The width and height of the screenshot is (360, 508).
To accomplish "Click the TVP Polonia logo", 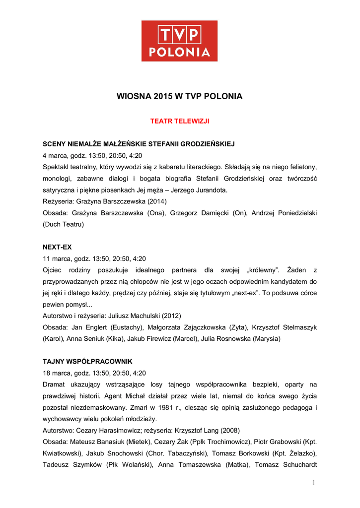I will tap(179, 41).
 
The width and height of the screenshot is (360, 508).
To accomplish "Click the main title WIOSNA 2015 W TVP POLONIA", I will tap(179, 96).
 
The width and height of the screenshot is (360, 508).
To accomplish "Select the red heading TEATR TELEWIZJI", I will tap(180, 121).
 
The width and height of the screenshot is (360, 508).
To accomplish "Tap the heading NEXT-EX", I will tap(58, 247).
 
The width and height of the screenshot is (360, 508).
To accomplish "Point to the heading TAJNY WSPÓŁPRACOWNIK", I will tap(87, 361).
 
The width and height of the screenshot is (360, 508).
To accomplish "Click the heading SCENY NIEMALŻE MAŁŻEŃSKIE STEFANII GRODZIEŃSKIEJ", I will tap(139, 144).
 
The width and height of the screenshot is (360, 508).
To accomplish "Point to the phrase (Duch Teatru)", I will tap(64, 224).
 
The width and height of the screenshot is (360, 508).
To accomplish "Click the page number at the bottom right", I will tap(314, 482).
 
